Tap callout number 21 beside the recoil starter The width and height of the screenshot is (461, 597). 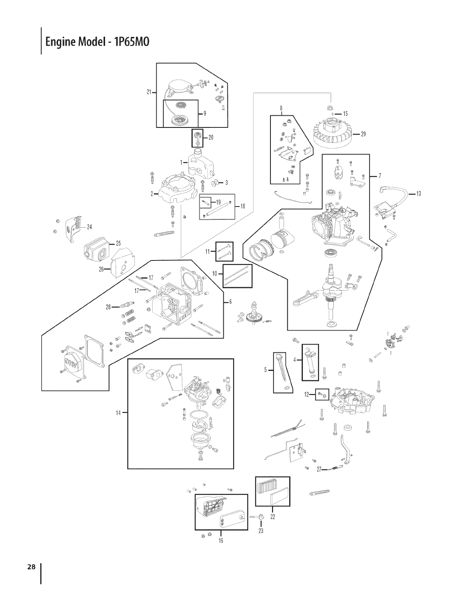coord(149,92)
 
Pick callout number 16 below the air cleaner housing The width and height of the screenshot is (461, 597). coord(221,540)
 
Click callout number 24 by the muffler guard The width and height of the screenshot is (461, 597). coord(90,227)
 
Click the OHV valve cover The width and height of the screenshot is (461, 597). coord(73,364)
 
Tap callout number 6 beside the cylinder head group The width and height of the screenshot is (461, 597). coord(230,302)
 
